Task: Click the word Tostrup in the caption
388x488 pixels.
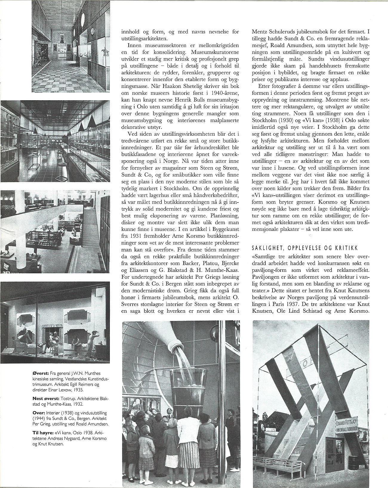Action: [x=69, y=399]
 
